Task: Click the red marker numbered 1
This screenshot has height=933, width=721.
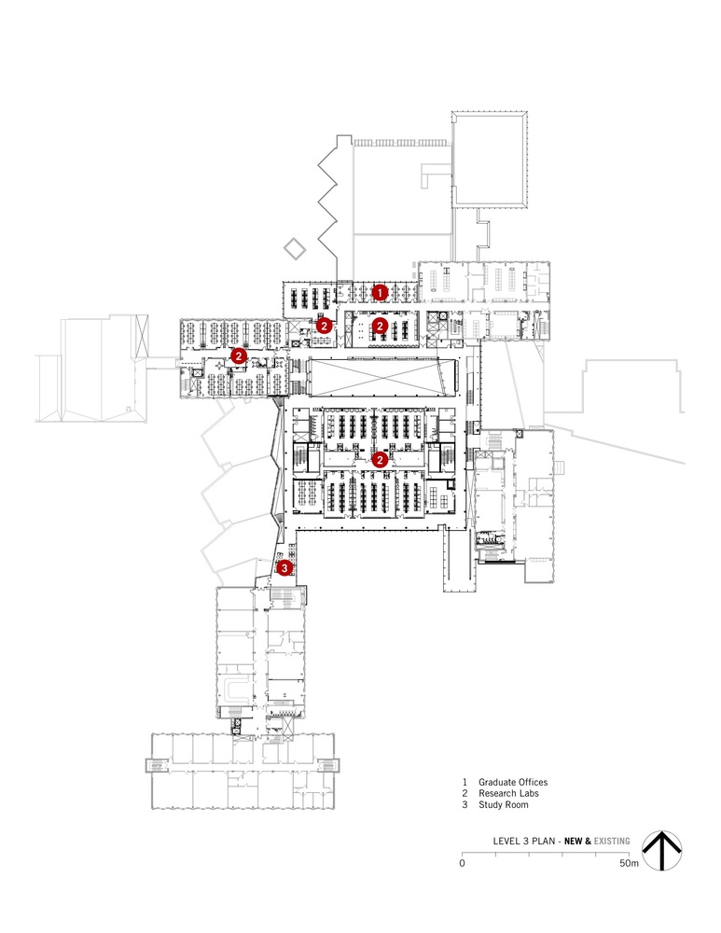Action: [x=380, y=292]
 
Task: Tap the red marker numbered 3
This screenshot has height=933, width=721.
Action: [x=285, y=566]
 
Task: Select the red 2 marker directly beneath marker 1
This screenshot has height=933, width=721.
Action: [x=380, y=326]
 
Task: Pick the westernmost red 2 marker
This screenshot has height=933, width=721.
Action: [x=239, y=355]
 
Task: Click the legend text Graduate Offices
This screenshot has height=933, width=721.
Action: [x=513, y=782]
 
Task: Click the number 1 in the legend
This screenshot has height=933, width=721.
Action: [x=464, y=782]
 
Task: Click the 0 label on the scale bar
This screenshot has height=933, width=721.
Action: [x=462, y=864]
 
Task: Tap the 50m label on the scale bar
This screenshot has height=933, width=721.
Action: [x=630, y=864]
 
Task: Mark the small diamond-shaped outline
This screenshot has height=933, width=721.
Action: [x=294, y=249]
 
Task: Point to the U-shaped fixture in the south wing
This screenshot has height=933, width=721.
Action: [x=236, y=689]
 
